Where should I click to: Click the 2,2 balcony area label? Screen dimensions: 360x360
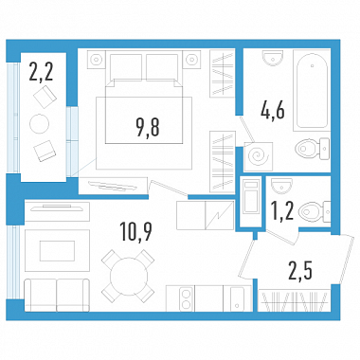point(41,71)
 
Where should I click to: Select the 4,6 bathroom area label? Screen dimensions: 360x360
point(273,111)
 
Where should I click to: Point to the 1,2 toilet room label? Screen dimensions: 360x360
point(283,210)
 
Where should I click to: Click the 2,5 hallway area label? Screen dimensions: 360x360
point(300,271)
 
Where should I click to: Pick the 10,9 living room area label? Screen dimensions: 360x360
point(136,231)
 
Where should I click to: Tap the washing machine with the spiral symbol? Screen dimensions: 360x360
point(259,156)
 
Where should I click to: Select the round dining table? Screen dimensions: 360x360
point(128,276)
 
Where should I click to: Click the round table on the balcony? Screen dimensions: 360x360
point(40,124)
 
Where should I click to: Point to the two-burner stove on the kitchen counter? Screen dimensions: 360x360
point(187,298)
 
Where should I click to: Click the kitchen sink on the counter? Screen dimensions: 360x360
point(238,298)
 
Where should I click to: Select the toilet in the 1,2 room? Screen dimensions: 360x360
point(315,211)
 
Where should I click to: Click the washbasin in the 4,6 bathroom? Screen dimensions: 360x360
point(273,58)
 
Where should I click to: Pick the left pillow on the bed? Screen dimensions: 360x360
point(126,66)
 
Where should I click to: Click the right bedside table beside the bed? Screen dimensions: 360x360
point(191,59)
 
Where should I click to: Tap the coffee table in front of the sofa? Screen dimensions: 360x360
point(57,251)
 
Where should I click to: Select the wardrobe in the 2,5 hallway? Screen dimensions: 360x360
point(295,301)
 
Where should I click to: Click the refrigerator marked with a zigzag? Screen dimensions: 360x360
point(219,215)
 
